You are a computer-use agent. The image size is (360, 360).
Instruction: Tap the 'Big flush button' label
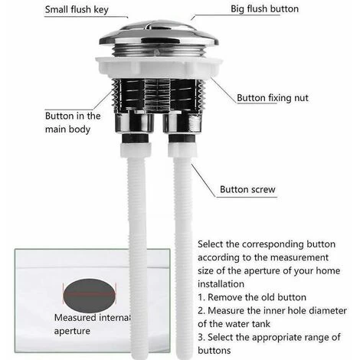tap(265, 9)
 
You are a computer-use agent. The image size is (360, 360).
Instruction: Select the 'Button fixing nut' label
tap(273, 98)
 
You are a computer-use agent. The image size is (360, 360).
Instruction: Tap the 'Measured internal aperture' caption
tap(90, 324)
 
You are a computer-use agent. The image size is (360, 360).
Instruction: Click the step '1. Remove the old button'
tap(252, 296)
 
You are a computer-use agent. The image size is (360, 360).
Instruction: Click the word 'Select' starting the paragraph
tap(211, 243)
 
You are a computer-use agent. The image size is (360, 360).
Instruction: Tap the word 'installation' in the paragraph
tap(224, 283)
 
